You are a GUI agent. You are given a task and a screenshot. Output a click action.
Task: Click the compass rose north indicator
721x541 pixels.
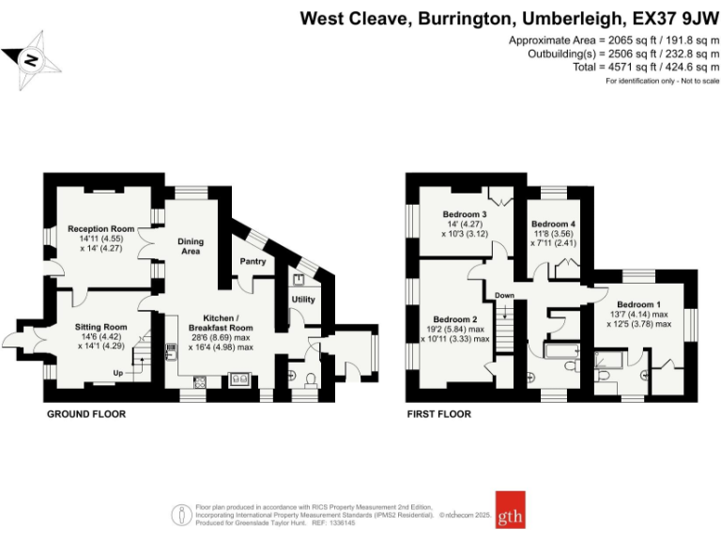click(30, 59)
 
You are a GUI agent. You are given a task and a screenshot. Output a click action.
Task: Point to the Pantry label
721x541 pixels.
click(253, 261)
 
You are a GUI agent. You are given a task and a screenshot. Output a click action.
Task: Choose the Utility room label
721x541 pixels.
click(303, 300)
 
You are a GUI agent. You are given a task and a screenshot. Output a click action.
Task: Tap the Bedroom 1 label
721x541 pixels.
click(638, 303)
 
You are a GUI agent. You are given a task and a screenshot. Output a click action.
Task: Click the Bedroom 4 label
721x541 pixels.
click(553, 224)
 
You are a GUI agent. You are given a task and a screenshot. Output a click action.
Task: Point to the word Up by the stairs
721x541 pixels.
click(117, 373)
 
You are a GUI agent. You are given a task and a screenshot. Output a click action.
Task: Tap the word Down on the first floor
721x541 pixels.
click(505, 296)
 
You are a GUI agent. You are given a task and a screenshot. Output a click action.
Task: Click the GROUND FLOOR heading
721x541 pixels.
click(86, 413)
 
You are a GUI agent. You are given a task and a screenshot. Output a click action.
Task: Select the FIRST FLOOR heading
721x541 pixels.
click(438, 413)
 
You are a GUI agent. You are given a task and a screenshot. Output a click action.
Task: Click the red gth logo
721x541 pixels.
click(510, 510)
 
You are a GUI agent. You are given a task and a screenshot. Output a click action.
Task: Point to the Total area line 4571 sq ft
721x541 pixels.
click(646, 67)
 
